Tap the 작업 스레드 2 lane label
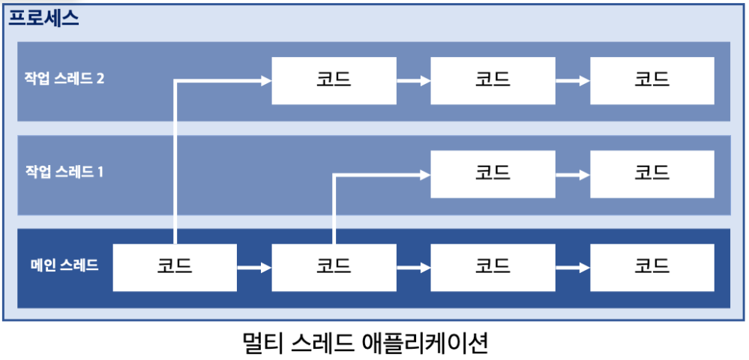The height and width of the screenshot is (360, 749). (x=64, y=78)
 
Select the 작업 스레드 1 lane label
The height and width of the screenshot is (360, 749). (x=64, y=172)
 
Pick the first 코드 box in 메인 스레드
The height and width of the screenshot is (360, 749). (x=175, y=265)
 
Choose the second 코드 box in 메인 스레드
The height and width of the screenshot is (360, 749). (x=334, y=265)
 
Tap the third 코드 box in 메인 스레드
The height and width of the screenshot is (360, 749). (x=493, y=265)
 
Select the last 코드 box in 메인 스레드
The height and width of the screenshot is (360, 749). (x=652, y=265)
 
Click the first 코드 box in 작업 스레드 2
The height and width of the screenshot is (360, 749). (x=334, y=79)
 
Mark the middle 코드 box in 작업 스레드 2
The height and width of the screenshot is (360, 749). (x=493, y=79)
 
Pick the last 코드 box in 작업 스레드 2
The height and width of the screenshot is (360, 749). (x=652, y=79)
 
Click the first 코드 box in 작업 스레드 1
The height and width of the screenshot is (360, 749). (x=493, y=172)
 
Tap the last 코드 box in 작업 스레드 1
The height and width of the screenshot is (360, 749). (x=652, y=172)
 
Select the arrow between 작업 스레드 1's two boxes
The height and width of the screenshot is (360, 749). (x=572, y=173)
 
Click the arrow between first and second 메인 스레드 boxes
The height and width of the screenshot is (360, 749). (x=254, y=266)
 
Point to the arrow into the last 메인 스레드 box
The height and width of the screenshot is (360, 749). (x=572, y=266)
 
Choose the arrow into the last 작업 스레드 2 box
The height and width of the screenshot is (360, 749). (x=572, y=79)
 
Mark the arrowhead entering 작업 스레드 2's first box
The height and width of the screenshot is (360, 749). (x=265, y=79)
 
